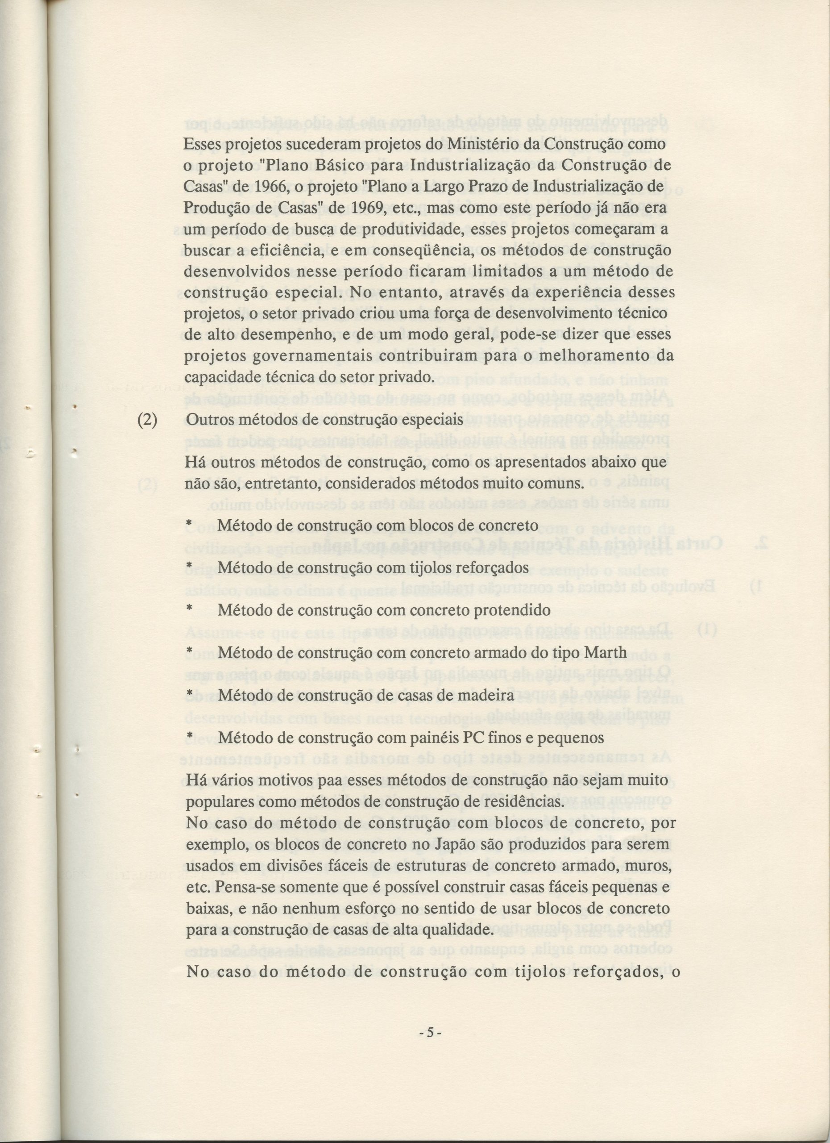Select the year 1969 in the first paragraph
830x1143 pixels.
click(365, 207)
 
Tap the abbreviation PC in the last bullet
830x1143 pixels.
click(473, 737)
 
